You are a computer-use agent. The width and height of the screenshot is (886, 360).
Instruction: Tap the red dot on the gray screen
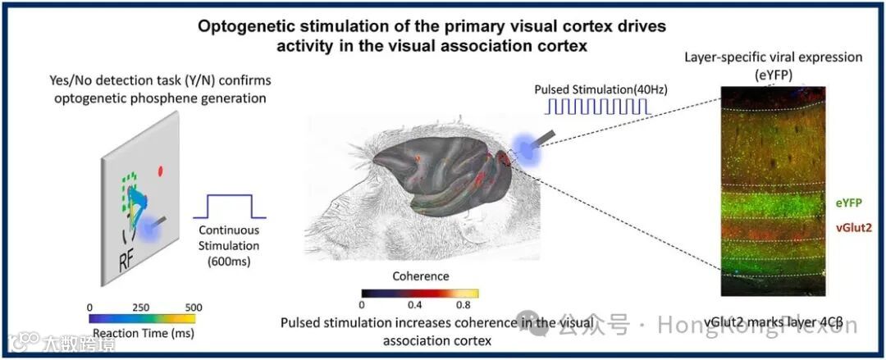click(161, 171)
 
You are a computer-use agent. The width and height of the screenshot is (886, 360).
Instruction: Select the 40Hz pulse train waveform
click(599, 106)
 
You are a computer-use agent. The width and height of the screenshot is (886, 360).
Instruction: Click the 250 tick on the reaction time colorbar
click(141, 307)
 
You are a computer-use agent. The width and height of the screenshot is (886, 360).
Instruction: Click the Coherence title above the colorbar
click(419, 276)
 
